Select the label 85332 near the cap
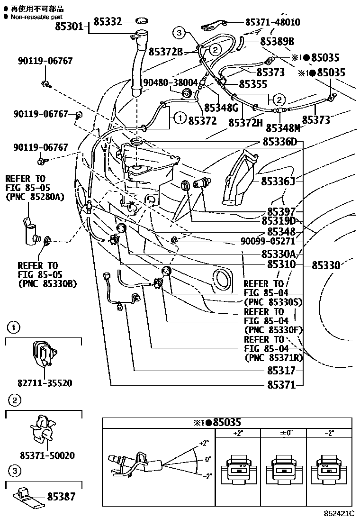pos(108,21)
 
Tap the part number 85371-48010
pos(272,22)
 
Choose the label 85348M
pos(283,128)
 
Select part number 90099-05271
pos(268,241)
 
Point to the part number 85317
pos(281,370)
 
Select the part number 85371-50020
pos(47,455)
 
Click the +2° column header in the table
pos(238,433)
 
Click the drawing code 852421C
pos(338,513)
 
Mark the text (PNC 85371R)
pos(274,358)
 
